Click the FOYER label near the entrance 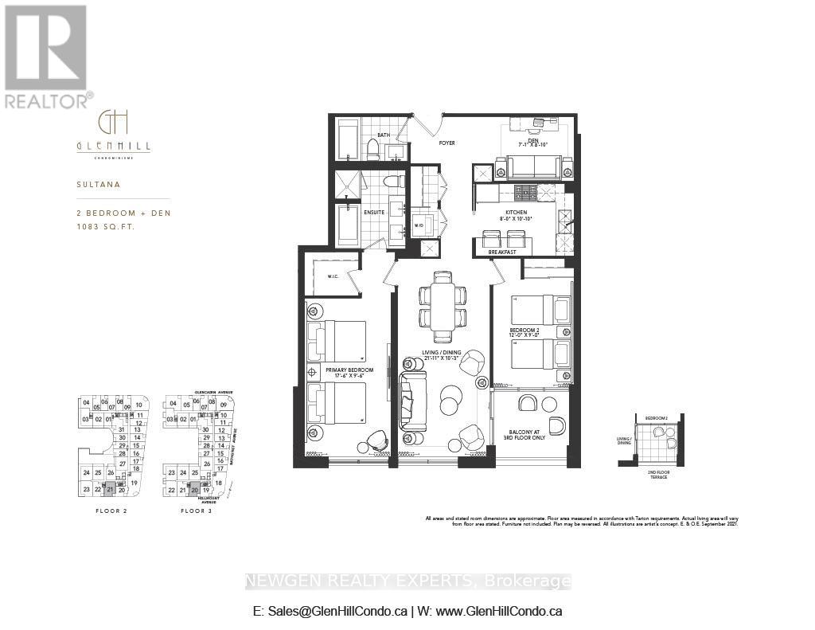tap(446, 143)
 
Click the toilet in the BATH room tap(372, 148)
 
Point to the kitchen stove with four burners tap(525, 192)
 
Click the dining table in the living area tap(443, 306)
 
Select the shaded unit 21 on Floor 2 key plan tap(110, 490)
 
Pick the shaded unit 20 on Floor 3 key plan tap(194, 491)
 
